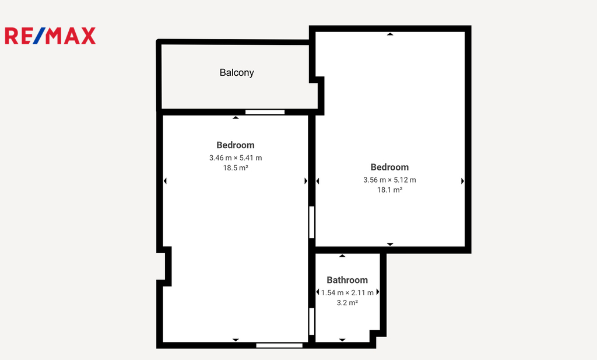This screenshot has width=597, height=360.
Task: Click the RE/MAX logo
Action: [50, 36]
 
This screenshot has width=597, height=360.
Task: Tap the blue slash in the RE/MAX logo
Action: [39, 36]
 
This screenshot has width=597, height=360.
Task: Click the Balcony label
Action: [237, 73]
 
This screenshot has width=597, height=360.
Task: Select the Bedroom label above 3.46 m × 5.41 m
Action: [236, 145]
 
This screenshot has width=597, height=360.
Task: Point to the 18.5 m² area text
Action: [236, 167]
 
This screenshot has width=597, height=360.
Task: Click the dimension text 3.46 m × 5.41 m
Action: [236, 158]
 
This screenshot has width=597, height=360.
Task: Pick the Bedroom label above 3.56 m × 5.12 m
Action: [389, 167]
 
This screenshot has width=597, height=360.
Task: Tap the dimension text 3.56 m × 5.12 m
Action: [389, 180]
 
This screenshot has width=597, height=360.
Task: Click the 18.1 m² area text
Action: [389, 190]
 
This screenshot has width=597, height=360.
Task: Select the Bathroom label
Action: [347, 280]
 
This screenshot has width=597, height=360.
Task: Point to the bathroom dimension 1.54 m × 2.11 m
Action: [347, 292]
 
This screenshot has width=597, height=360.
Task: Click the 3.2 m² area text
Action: [347, 302]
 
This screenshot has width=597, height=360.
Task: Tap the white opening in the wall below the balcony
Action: [265, 112]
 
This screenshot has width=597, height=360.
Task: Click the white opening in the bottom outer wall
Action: [279, 345]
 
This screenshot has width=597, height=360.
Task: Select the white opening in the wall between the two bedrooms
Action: [311, 222]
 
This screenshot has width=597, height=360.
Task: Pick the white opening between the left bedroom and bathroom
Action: [311, 321]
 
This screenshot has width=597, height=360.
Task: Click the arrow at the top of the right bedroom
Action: [390, 34]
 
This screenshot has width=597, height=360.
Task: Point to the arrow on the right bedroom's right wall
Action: [462, 181]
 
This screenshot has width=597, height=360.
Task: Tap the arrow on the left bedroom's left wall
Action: [165, 181]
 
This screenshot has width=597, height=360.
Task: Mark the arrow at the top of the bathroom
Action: [342, 256]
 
